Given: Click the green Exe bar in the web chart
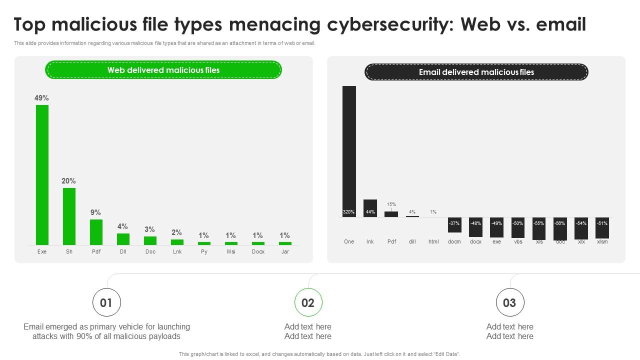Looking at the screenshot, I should coord(42,175).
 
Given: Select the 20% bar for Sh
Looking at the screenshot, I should coord(69,216).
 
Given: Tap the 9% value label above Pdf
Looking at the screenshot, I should coord(95,212).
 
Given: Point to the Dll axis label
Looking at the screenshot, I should coord(123,251).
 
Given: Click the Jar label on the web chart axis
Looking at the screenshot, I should coord(285,251).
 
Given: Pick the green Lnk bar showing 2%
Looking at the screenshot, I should coord(177,242).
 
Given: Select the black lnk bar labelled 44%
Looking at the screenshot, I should coord(370,208).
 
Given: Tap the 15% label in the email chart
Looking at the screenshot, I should coord(391,204).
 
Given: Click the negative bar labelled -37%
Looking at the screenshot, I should coord(454,225).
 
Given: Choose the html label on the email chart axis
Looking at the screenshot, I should coord(433,241).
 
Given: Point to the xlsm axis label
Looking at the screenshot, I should coord(602,241).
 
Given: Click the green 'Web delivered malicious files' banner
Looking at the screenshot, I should coord(163,70).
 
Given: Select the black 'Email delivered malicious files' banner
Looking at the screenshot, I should coord(476,72).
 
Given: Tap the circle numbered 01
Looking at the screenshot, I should coord(106,302).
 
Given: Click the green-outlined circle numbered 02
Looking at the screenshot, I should coord(308,302).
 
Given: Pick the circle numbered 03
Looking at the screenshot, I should coord(509,302).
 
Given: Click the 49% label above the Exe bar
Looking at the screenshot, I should coord(41,98).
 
